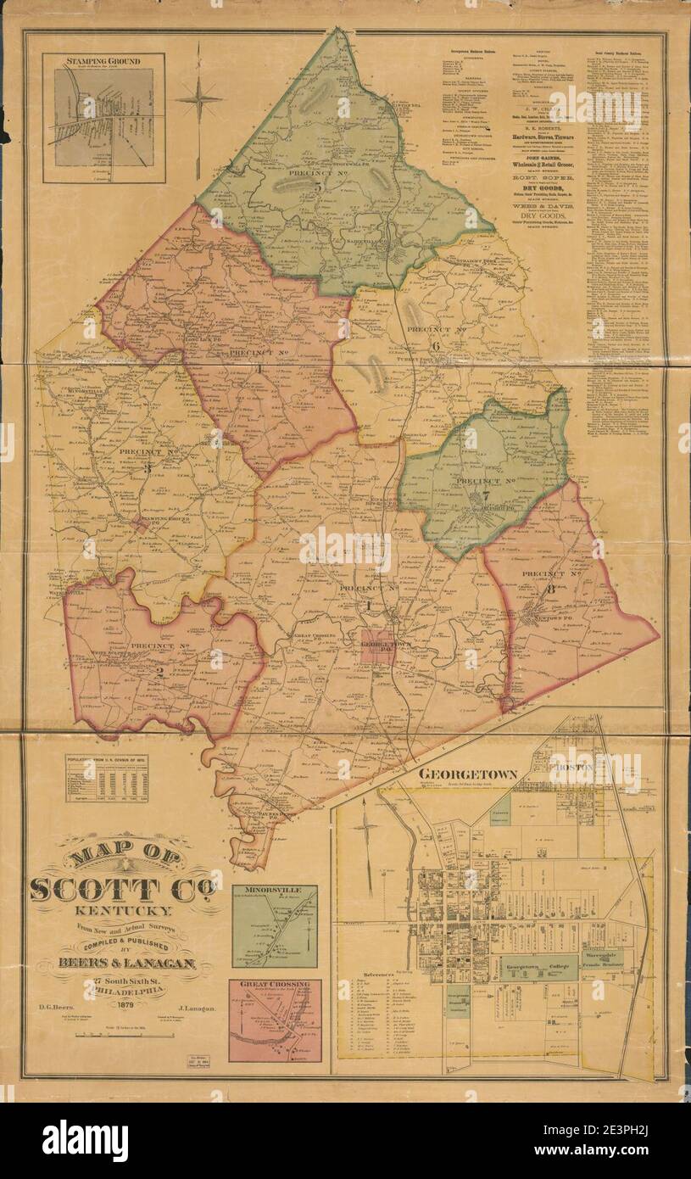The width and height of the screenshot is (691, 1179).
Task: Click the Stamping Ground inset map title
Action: click(103, 61)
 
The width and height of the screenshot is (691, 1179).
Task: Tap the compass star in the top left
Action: click(198, 101)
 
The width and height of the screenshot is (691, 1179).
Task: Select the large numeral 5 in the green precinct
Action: click(317, 186)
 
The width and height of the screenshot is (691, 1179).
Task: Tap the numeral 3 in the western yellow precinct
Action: click(147, 467)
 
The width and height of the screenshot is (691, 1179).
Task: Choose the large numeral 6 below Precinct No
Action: click(435, 345)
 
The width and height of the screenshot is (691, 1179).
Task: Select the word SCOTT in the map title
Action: click(95, 890)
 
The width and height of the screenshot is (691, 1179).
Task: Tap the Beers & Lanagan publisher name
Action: click(127, 963)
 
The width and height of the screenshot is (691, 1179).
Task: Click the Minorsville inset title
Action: click(274, 891)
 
